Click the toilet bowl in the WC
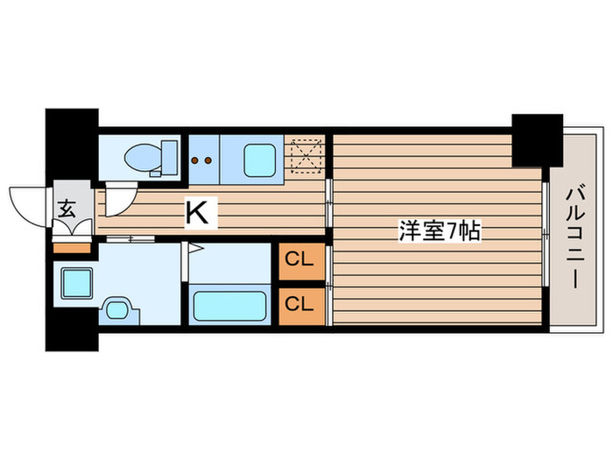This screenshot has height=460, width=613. coord(141,159)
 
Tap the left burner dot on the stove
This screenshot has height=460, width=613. coord(196,160)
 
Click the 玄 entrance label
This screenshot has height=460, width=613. coord(67,208)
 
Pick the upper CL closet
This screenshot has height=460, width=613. coord(299,261)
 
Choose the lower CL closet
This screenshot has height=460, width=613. coord(299,304)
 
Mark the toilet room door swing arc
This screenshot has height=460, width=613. coord(119,197)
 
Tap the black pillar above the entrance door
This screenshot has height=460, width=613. coord(72,145)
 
